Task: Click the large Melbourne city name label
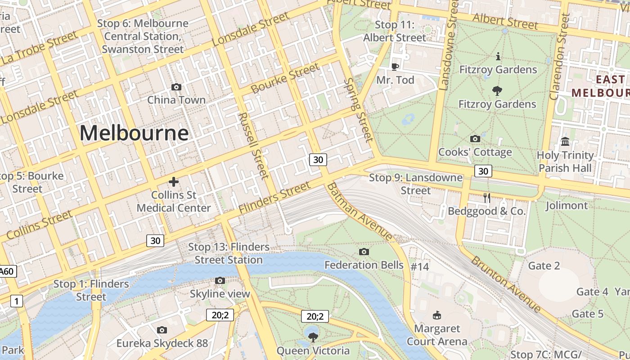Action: [134, 133]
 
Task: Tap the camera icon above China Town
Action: [176, 87]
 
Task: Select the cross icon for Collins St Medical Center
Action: [174, 182]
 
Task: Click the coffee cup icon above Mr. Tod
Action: [395, 67]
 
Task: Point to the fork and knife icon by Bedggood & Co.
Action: [486, 198]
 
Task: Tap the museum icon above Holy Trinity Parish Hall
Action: [565, 142]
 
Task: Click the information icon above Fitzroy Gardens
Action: [498, 57]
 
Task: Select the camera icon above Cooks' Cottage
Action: [475, 139]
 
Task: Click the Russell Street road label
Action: [253, 145]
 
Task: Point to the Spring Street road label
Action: [359, 110]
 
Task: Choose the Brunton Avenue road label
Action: [506, 284]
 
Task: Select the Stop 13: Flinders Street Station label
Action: [229, 253]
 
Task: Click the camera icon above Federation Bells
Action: [364, 252]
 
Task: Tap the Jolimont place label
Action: [567, 206]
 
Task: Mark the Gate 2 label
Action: [544, 265]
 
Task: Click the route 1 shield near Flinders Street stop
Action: [17, 301]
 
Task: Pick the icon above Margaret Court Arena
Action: [436, 315]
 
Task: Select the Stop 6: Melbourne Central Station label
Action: [143, 36]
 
